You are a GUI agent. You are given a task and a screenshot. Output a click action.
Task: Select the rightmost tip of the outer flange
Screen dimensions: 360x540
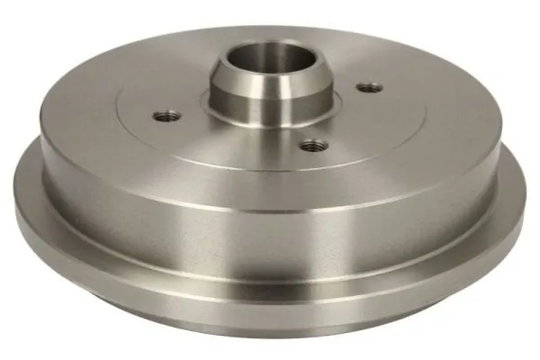coord(525,202)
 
